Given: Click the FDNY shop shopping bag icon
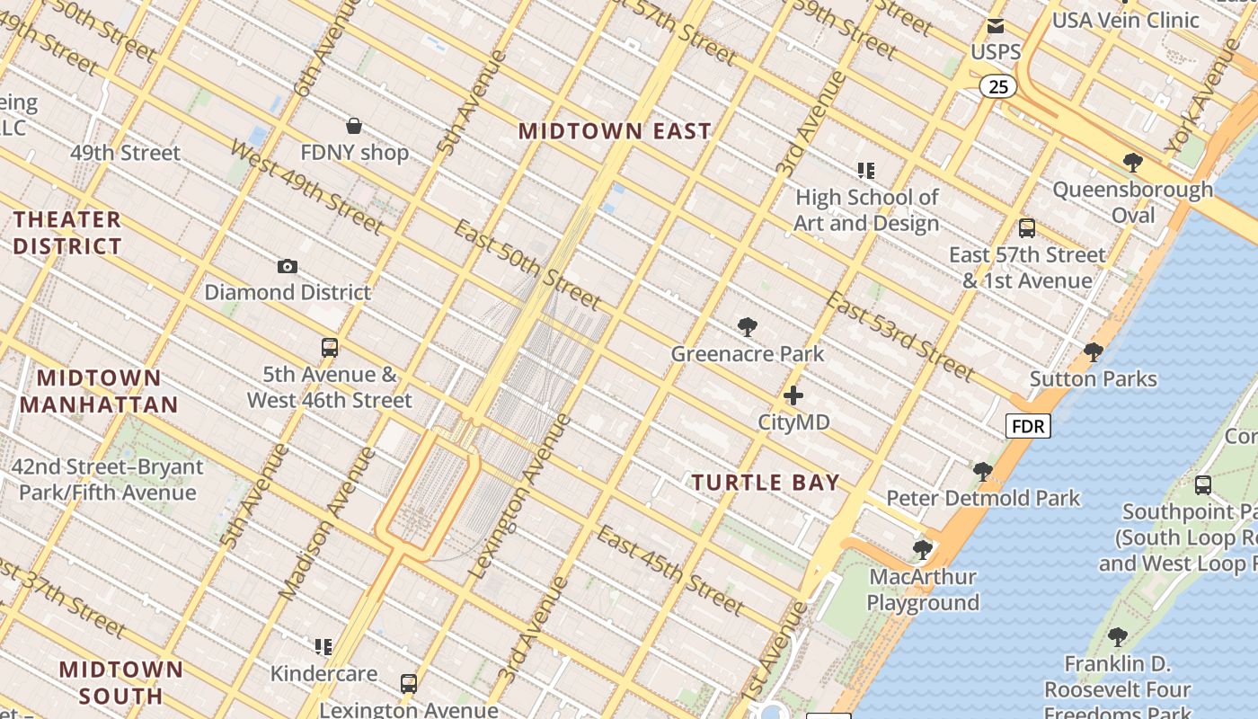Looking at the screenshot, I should click(354, 126).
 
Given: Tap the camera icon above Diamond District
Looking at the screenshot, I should click(288, 266).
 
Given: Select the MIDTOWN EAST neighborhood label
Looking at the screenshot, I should click(615, 131).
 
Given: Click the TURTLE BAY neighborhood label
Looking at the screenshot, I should click(766, 483).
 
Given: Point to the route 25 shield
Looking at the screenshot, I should click(998, 86).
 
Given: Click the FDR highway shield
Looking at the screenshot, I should click(1027, 426).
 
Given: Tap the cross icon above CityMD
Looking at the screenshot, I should click(793, 395).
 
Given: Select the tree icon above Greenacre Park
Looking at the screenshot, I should click(747, 327).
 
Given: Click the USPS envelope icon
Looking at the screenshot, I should click(996, 26).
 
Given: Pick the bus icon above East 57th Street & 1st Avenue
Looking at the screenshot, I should click(1027, 228).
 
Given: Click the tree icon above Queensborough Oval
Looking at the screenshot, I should click(1132, 163).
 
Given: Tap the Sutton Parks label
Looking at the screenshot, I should click(1093, 378).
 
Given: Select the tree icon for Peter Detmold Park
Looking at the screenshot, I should click(982, 471).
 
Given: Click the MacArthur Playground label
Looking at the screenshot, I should click(923, 590).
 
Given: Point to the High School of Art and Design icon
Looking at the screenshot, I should click(866, 170).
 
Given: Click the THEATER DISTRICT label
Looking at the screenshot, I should click(67, 233).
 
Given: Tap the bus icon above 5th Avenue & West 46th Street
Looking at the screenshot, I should click(330, 348).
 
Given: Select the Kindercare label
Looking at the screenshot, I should click(323, 673).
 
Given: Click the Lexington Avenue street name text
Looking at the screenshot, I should click(521, 496).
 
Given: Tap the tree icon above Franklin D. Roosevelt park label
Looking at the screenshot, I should click(1117, 637).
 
